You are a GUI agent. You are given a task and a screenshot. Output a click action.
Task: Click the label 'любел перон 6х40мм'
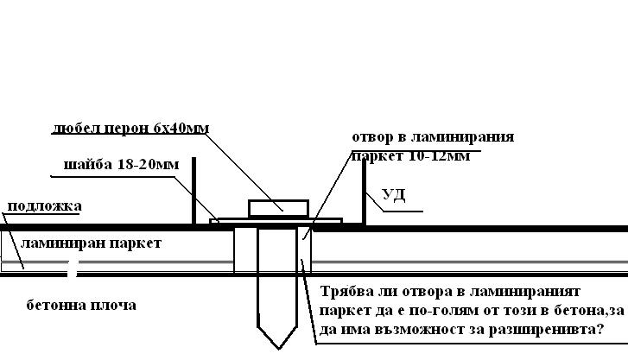(130, 128)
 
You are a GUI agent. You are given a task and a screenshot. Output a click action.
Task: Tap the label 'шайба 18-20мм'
(121, 164)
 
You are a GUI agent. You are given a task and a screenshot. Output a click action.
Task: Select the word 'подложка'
(44, 206)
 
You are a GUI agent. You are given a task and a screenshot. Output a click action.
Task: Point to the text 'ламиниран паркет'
(91, 243)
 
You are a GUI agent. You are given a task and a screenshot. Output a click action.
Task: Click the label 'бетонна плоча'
(81, 305)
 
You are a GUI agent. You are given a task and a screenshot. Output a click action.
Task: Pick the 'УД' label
(394, 195)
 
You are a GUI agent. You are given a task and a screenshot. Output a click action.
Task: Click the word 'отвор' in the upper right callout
(372, 137)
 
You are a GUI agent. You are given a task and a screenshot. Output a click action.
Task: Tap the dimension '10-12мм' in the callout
(439, 155)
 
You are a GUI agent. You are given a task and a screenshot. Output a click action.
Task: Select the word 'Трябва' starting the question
(347, 292)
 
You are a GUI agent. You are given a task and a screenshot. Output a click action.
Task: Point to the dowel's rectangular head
(278, 208)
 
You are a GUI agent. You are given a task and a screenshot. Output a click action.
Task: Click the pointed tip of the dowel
(279, 349)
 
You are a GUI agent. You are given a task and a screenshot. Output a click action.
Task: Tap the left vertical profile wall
(194, 191)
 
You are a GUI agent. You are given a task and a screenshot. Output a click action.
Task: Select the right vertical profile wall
(364, 193)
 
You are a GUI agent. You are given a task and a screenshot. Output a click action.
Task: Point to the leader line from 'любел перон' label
(245, 171)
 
